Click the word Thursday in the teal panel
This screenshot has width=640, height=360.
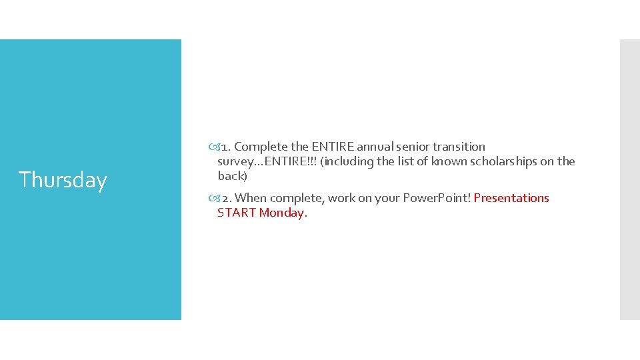point(63,180)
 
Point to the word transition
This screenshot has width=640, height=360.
point(459,147)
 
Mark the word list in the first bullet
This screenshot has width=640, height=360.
point(407,161)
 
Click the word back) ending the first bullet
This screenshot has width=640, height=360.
point(232,176)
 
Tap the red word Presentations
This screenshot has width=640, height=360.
point(511,198)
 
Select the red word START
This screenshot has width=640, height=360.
point(237,213)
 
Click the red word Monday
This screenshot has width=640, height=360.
point(283,213)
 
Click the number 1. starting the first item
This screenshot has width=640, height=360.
point(225,147)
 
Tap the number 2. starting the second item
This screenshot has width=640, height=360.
point(226,198)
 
